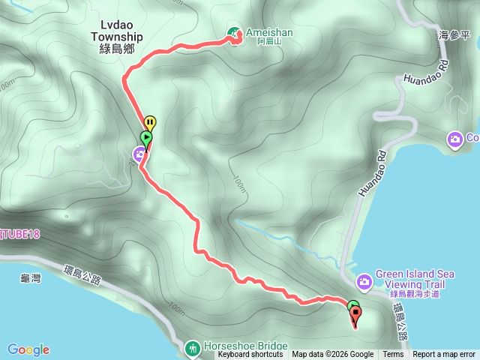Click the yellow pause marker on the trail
(150, 122)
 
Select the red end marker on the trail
(355, 315)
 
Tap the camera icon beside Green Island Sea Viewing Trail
(364, 281)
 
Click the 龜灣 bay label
(30, 279)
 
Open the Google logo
(28, 349)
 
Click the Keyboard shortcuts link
(250, 355)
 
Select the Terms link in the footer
(393, 355)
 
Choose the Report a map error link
(444, 355)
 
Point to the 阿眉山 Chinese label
(268, 43)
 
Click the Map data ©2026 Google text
(333, 355)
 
